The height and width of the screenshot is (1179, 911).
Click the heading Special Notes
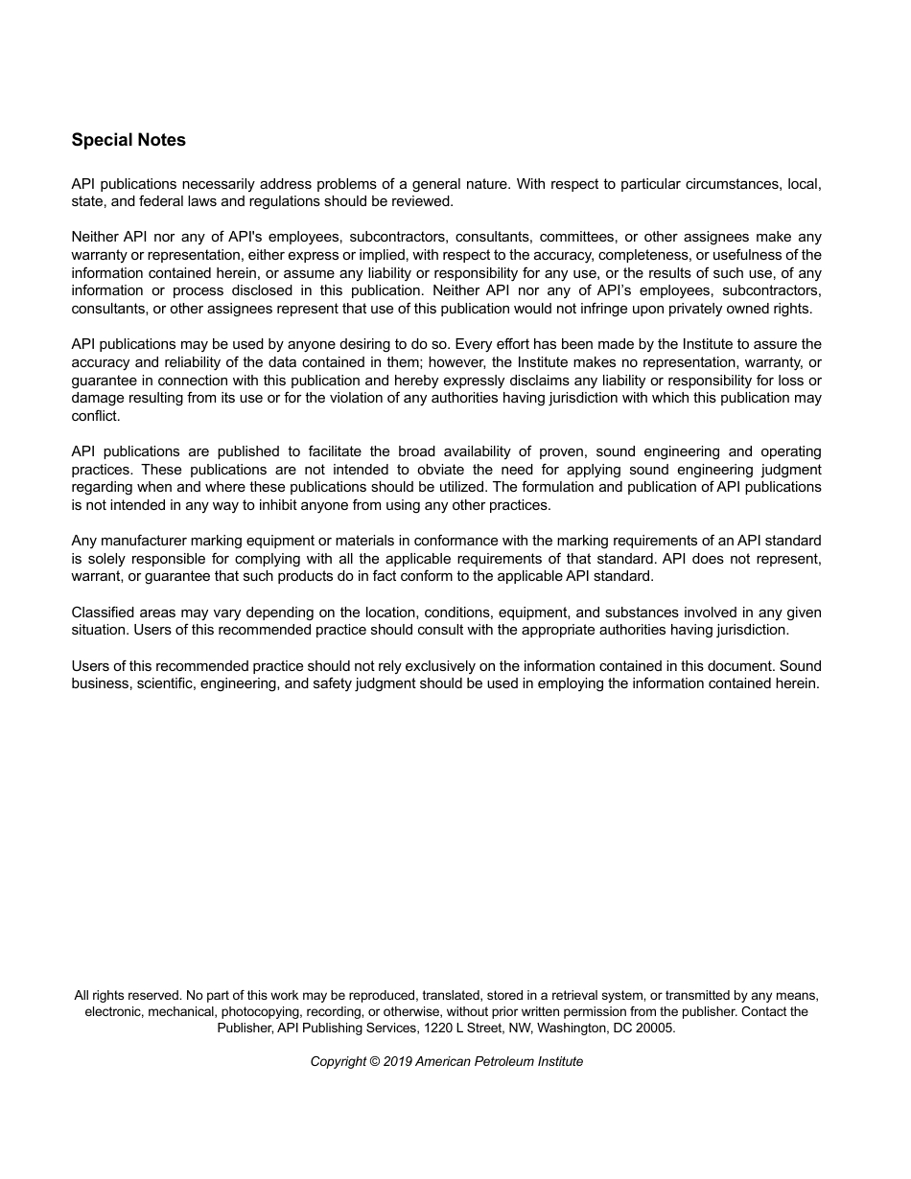click(128, 140)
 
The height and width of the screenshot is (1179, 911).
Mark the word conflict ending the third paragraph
click(95, 416)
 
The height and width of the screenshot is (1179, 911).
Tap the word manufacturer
click(141, 541)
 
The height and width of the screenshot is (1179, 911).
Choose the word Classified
click(104, 613)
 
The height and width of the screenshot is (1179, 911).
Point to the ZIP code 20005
click(655, 1028)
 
